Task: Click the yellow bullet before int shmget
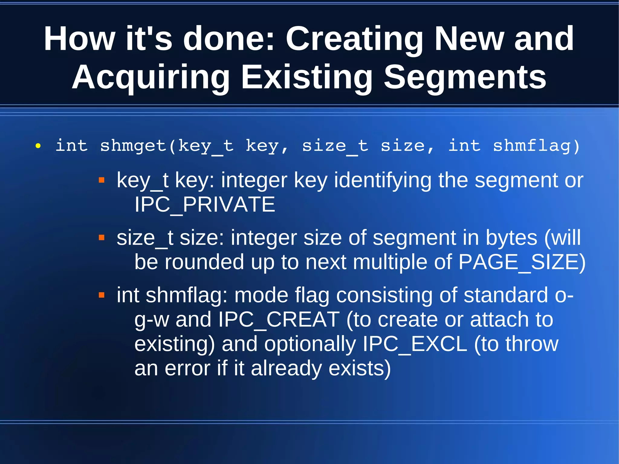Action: point(38,146)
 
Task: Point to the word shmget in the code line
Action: point(133,146)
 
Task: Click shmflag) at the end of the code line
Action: point(536,146)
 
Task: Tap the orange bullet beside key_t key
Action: point(102,180)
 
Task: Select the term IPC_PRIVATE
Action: point(205,205)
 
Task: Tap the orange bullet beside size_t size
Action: point(102,238)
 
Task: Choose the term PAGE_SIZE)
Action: point(522,262)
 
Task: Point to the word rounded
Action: point(204,262)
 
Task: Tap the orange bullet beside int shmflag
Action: point(102,295)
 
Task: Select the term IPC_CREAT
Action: point(279,320)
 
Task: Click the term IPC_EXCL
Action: point(415,344)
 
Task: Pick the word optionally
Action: point(310,344)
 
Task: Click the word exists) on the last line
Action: point(360,368)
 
